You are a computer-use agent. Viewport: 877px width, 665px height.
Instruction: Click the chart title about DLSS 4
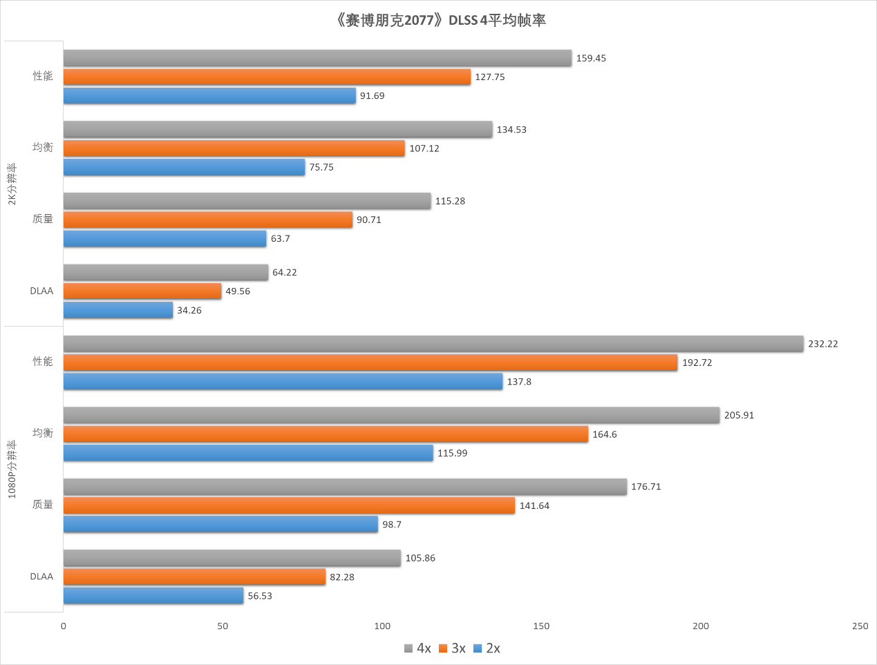[x=440, y=20]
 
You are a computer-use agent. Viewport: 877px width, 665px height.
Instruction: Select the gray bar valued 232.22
[x=433, y=343]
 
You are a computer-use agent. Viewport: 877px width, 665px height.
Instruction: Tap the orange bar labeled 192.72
[x=370, y=363]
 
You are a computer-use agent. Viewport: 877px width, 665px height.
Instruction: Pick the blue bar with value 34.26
[x=118, y=310]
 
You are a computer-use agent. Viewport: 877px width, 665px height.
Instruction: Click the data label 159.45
[x=591, y=58]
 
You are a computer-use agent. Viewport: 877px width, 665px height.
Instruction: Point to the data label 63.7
[x=280, y=239]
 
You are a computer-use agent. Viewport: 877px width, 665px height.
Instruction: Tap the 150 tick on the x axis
[x=541, y=626]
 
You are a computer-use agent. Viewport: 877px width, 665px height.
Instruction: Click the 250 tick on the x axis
[x=860, y=626]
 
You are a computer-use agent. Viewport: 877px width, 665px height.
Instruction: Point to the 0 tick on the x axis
[x=64, y=626]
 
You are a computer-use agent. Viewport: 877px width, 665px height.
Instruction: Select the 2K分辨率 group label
[x=12, y=184]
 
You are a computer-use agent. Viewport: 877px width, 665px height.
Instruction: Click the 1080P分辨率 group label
[x=12, y=470]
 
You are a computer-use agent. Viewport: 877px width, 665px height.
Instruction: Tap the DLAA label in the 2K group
[x=41, y=291]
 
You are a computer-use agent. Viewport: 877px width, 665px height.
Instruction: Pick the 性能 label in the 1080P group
[x=43, y=362]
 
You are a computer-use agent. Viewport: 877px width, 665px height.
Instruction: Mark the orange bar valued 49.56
[x=142, y=291]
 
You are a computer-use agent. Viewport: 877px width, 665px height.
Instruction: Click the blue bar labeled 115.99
[x=248, y=453]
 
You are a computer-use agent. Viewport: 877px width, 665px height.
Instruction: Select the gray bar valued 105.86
[x=232, y=558]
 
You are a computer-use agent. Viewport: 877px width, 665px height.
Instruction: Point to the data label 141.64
[x=534, y=506]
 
